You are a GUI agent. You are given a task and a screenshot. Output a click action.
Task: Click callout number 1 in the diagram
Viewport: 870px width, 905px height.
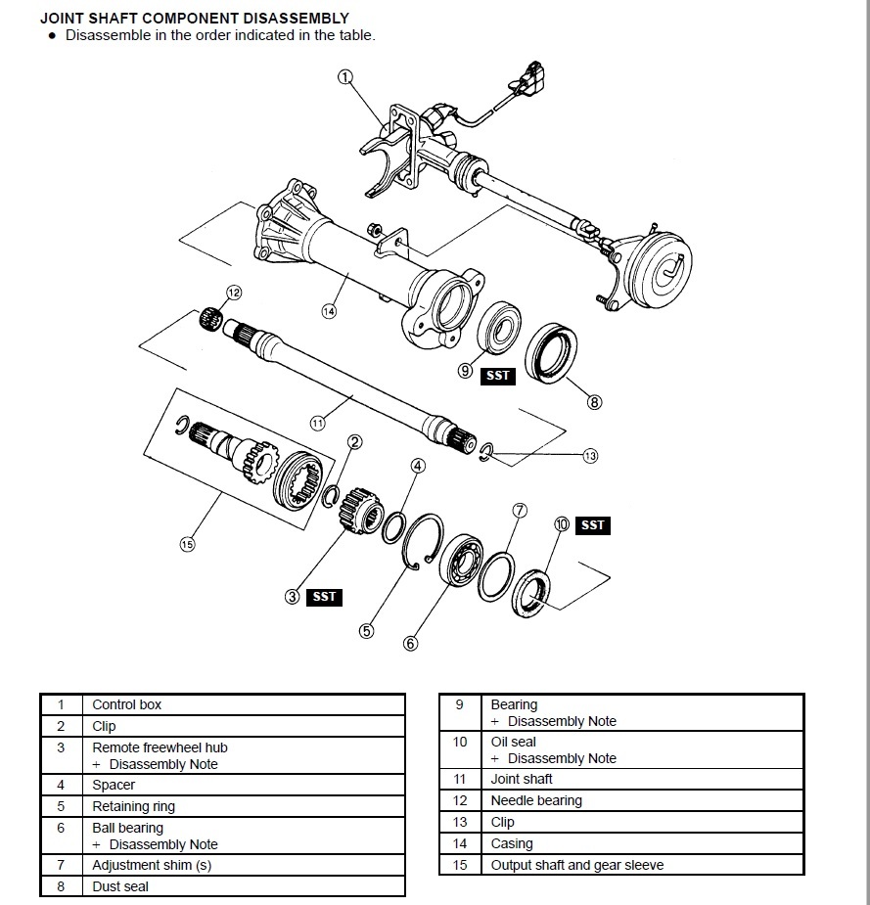tap(344, 76)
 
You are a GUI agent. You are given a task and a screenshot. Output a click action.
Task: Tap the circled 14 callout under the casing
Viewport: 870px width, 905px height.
tap(328, 311)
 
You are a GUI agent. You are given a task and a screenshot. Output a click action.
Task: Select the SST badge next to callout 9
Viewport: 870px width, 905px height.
tap(498, 375)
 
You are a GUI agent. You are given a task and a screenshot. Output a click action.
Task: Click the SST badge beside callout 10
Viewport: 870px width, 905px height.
tap(593, 525)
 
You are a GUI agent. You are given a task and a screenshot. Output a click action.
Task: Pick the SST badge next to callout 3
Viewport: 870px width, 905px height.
tap(324, 597)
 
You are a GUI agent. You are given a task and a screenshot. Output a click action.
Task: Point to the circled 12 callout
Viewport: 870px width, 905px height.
tap(233, 292)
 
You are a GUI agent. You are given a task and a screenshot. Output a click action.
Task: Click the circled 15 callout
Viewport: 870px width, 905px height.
tap(187, 545)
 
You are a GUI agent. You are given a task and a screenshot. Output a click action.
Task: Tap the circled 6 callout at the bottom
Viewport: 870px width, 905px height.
tap(410, 643)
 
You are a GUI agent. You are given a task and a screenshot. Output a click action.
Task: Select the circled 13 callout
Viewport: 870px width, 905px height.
tap(590, 455)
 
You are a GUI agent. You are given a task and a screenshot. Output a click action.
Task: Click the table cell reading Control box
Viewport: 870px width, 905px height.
tap(126, 704)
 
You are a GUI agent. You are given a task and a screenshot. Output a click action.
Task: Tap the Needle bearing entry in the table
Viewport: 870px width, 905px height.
tap(536, 800)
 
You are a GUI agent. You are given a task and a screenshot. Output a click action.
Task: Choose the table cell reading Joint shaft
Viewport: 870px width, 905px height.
tap(522, 779)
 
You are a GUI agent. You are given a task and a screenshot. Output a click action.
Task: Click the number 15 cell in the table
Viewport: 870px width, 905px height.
tap(460, 865)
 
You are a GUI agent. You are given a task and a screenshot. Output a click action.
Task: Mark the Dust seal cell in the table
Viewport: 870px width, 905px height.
tap(120, 886)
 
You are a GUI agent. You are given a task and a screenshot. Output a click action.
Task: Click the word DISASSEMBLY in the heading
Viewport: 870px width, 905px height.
tap(293, 18)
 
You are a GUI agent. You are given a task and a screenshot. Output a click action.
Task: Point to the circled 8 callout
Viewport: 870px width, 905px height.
tap(594, 401)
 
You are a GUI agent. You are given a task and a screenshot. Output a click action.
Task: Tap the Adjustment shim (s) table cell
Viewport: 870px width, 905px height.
tap(152, 865)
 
